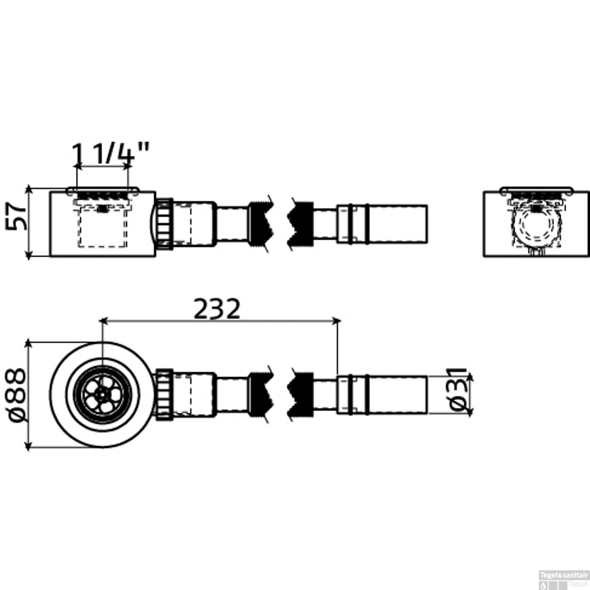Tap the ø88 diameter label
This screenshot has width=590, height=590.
[18, 395]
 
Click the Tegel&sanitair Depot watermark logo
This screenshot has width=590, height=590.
[564, 580]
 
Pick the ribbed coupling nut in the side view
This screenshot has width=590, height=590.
[165, 224]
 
